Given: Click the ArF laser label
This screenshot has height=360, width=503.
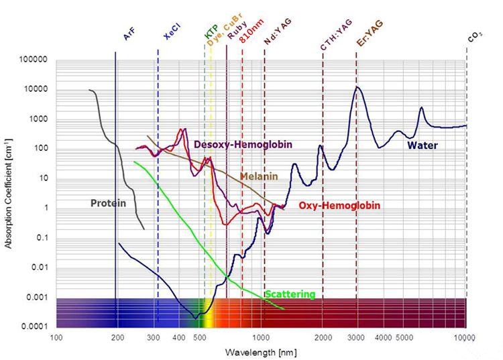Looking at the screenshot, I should point(129,34).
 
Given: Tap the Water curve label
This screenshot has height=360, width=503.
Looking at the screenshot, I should point(423,145).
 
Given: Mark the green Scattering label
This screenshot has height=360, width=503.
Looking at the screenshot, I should point(290,294).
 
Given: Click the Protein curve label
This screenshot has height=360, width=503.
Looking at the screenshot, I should point(109,202).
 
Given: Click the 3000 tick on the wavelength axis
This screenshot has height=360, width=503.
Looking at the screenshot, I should point(356,337).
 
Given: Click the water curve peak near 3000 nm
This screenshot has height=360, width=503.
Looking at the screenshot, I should point(359,87).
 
